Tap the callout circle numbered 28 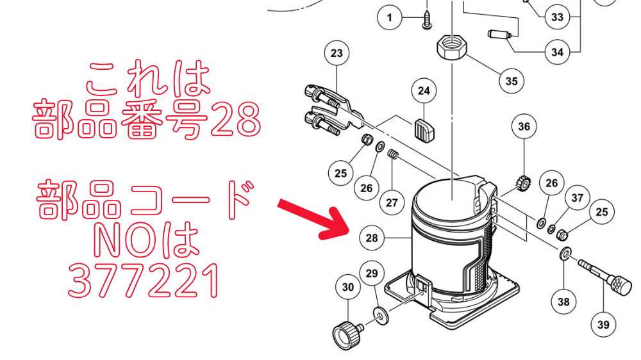(372, 238)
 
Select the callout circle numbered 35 (511, 81)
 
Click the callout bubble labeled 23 (337, 53)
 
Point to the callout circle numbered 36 (524, 126)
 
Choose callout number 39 (603, 324)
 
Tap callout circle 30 (348, 287)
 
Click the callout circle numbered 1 (390, 17)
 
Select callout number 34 (557, 52)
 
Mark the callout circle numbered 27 (392, 202)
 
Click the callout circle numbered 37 (578, 198)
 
